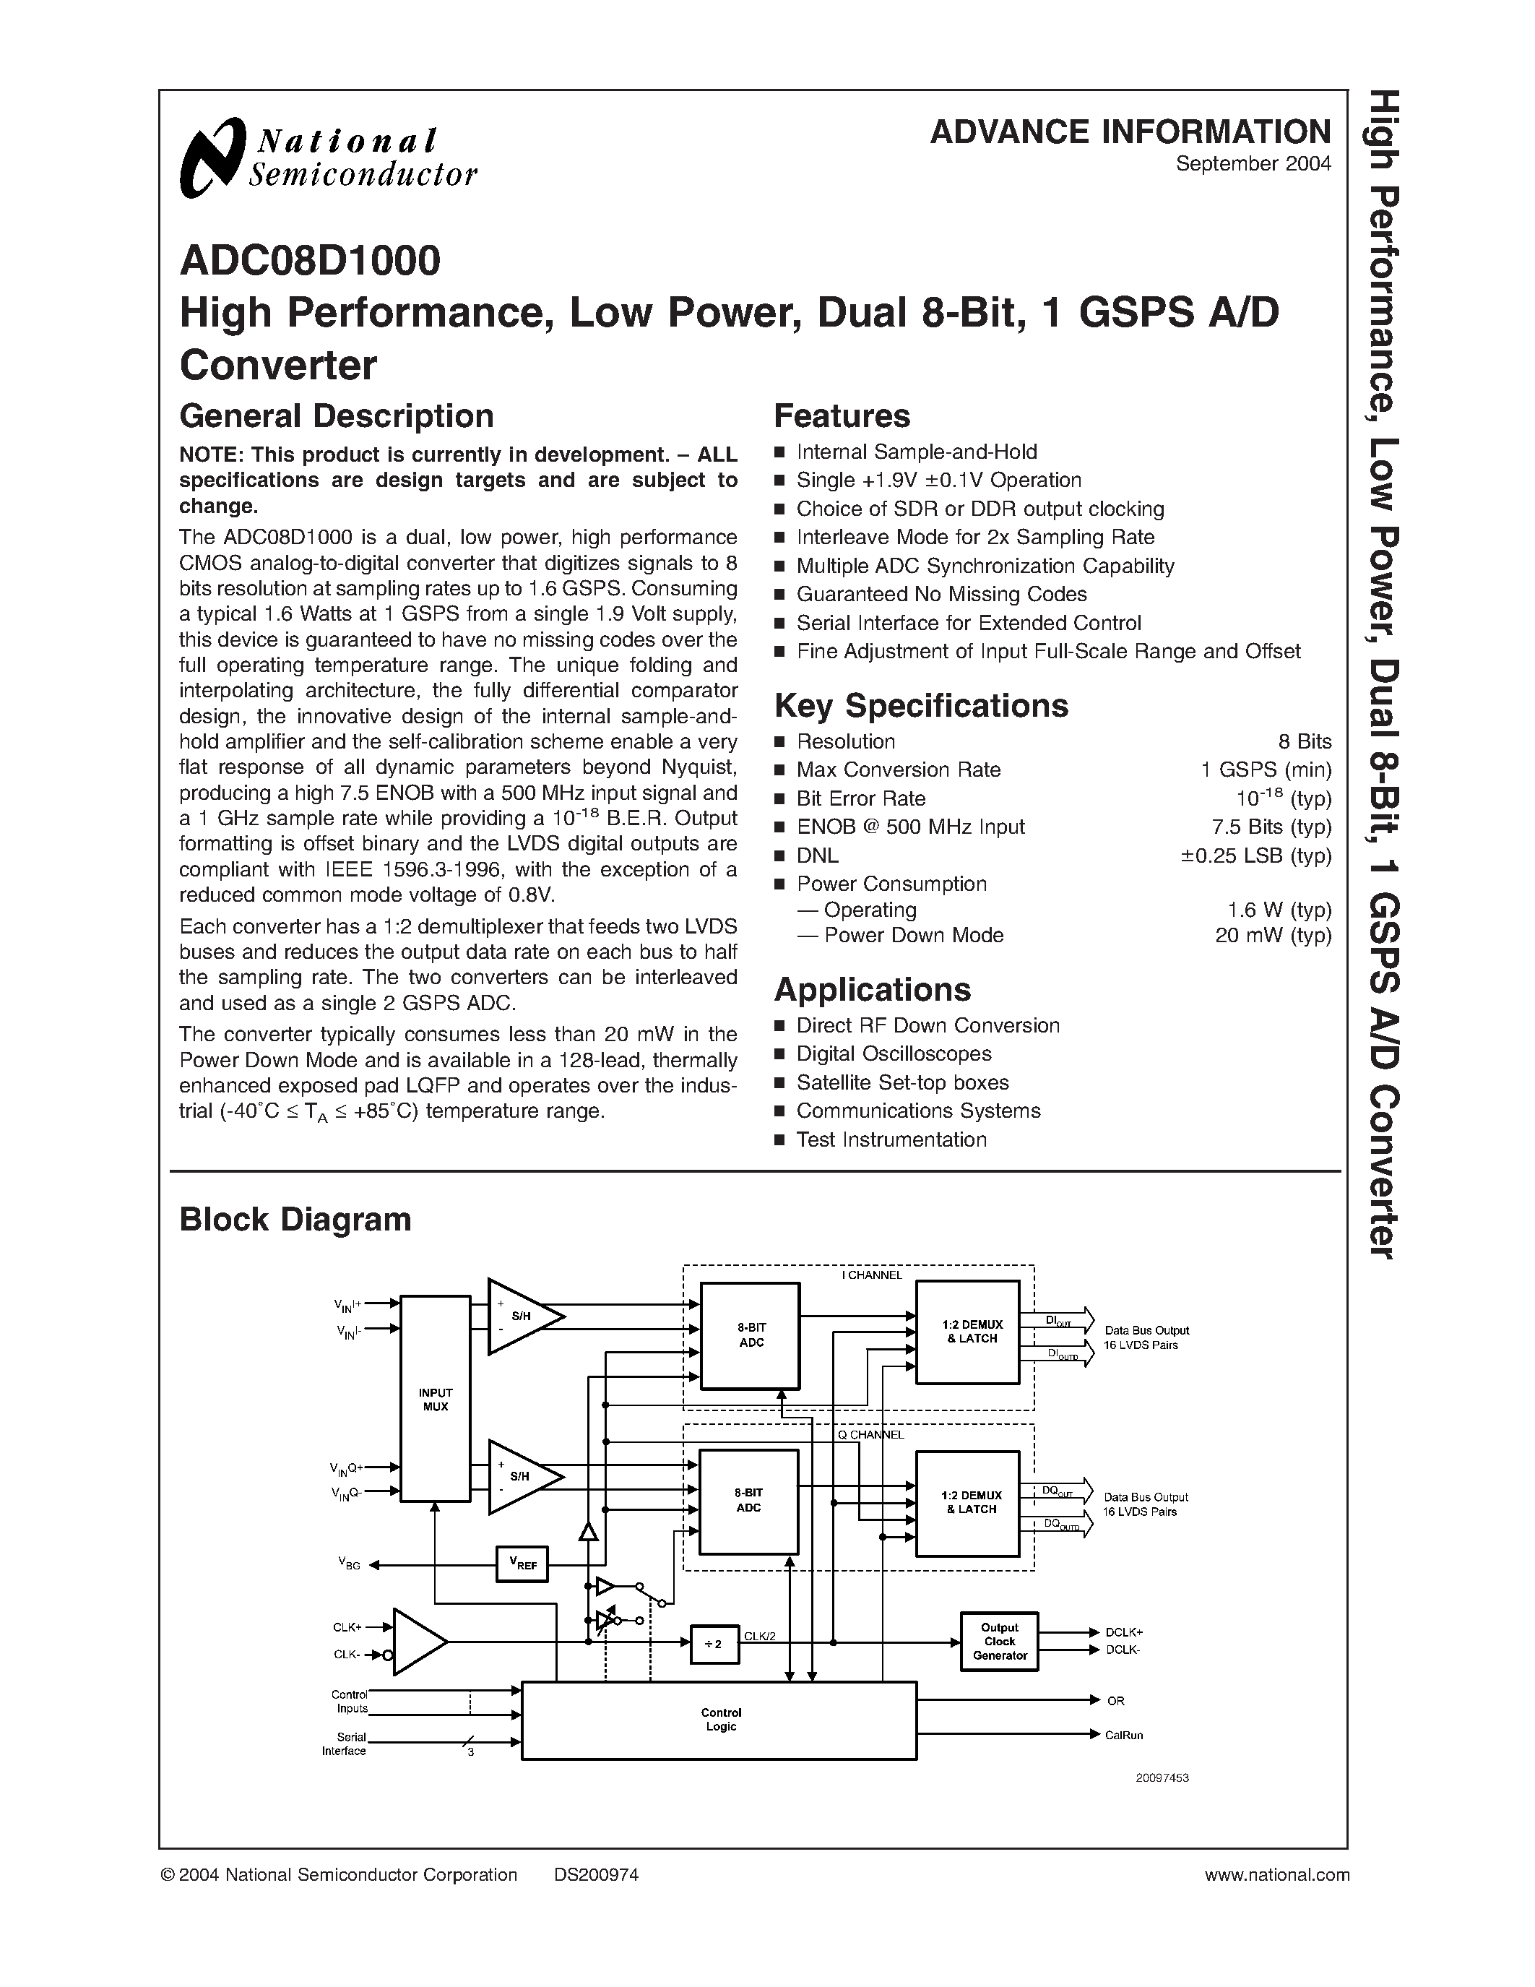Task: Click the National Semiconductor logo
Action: tap(328, 158)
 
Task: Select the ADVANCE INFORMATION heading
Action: tap(1130, 132)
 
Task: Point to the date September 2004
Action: tap(1253, 164)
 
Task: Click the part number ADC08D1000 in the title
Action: tap(310, 260)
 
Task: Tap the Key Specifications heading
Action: tap(920, 705)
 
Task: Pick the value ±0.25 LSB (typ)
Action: tap(1256, 855)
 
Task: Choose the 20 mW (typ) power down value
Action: tap(1273, 935)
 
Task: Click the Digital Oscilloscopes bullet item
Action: tap(893, 1053)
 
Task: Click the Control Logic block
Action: tap(720, 1720)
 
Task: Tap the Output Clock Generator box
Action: tap(1000, 1642)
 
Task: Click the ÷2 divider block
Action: tap(714, 1644)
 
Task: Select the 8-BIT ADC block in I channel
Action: tap(751, 1335)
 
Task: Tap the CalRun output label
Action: tap(1124, 1735)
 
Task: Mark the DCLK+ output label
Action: tap(1124, 1632)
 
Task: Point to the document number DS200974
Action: tap(596, 1874)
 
